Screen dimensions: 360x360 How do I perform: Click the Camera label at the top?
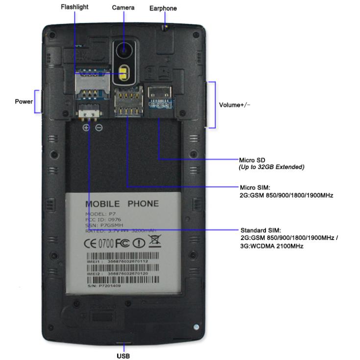123,8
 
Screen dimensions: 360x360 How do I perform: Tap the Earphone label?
163,8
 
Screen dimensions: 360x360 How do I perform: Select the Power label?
24,102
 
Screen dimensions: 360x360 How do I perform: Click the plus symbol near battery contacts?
86,128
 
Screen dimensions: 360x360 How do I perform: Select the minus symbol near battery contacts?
99,128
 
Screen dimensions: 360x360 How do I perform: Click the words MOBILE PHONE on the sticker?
122,204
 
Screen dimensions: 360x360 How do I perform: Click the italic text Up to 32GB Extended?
271,167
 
